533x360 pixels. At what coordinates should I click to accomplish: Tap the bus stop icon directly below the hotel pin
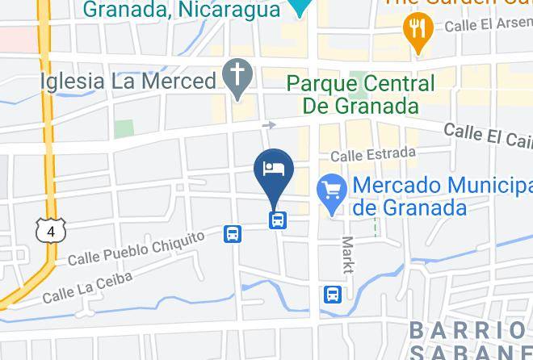[x=277, y=219]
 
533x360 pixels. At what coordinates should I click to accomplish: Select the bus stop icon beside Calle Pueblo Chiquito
[x=233, y=234]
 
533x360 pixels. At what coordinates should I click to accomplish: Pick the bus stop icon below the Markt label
[x=332, y=295]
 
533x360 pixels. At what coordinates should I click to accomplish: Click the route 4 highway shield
[x=51, y=231]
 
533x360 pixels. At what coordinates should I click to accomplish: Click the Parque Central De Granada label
[x=360, y=94]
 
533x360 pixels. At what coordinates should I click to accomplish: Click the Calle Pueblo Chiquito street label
[x=136, y=250]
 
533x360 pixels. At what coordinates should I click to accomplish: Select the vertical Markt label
[x=348, y=255]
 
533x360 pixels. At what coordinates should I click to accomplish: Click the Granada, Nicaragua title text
[x=182, y=10]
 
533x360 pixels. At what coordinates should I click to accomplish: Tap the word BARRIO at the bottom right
[x=468, y=330]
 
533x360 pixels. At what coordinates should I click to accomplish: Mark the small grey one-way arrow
[x=269, y=125]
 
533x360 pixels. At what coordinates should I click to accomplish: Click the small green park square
[x=123, y=128]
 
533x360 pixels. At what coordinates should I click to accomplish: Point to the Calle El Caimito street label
[x=489, y=135]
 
